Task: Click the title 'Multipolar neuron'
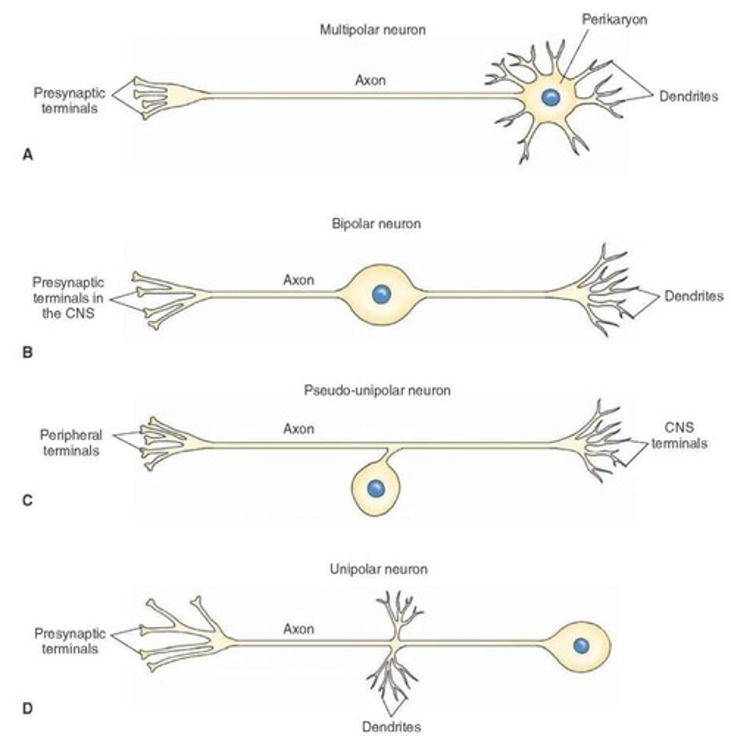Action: click(x=372, y=29)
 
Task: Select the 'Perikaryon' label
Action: click(x=614, y=19)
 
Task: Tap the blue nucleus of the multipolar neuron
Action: click(x=550, y=97)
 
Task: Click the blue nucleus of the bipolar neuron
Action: click(x=381, y=294)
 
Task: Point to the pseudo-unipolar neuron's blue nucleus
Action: click(x=375, y=489)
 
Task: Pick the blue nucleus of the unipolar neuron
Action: click(x=580, y=645)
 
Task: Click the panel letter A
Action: click(x=27, y=155)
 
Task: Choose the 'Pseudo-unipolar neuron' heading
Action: click(x=377, y=390)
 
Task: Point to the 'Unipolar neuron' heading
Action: click(x=378, y=569)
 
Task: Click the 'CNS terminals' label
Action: click(x=679, y=435)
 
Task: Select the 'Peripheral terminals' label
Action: click(x=70, y=443)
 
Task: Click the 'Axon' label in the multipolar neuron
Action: click(x=370, y=80)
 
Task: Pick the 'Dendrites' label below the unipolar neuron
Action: click(x=391, y=727)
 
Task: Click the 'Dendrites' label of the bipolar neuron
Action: click(x=694, y=296)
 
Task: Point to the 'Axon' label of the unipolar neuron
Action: click(x=299, y=629)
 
